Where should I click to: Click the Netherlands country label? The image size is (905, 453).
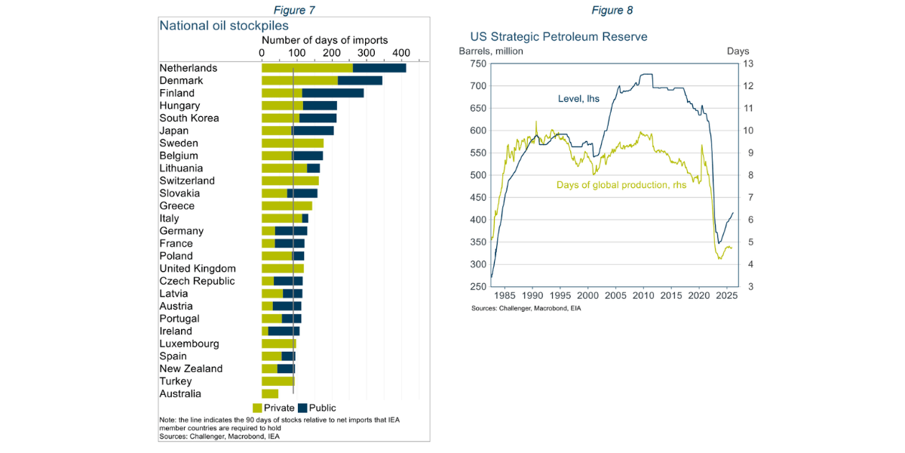[x=188, y=68]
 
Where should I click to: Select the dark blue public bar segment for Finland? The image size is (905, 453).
[x=333, y=93]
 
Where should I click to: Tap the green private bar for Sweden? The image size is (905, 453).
[x=293, y=143]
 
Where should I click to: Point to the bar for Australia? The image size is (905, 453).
[x=270, y=394]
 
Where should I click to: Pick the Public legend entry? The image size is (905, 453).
[x=316, y=408]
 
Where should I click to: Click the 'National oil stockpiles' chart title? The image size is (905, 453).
[x=224, y=26]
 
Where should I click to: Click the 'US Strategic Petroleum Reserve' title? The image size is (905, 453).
[x=559, y=36]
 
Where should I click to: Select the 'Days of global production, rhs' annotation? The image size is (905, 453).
[x=621, y=185]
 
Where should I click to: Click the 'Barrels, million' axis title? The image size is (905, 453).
[x=491, y=51]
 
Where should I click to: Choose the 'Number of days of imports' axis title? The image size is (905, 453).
[x=324, y=40]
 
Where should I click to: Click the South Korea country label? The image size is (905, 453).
[x=189, y=119]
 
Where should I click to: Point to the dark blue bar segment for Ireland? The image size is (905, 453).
[x=284, y=331]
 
